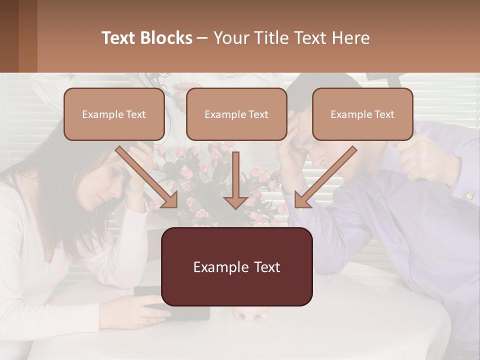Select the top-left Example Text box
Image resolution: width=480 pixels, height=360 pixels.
pyautogui.click(x=114, y=114)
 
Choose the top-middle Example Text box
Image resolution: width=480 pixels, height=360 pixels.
pyautogui.click(x=236, y=114)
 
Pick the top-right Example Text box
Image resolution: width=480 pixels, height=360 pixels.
pyautogui.click(x=362, y=114)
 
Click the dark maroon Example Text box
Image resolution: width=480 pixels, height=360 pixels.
pyautogui.click(x=236, y=266)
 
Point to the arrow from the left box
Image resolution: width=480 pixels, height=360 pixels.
pyautogui.click(x=147, y=177)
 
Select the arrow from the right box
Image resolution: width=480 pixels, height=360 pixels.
pyautogui.click(x=325, y=177)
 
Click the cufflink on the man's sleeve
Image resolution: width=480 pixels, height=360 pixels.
pyautogui.click(x=469, y=195)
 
